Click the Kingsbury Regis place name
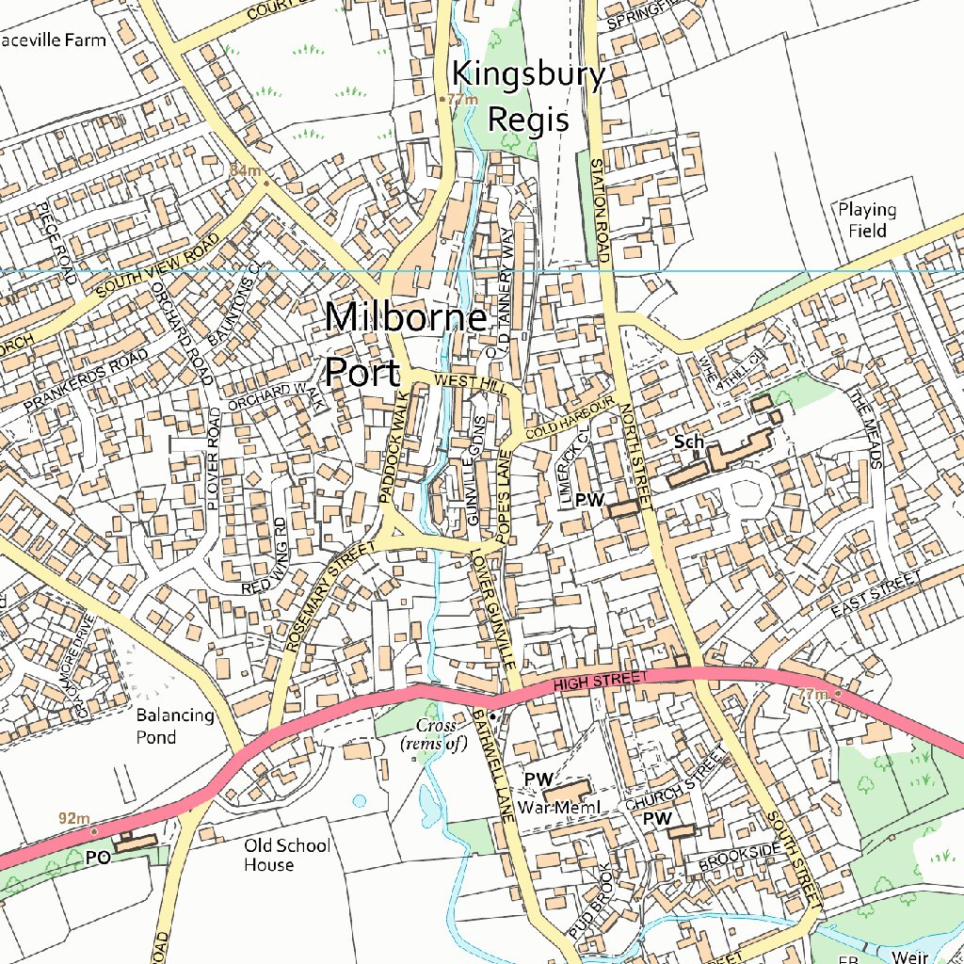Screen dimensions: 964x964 [527, 97]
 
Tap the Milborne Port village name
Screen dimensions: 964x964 [407, 345]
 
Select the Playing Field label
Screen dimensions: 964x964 [867, 219]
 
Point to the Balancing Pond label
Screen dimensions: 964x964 [175, 726]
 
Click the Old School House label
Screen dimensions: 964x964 [287, 855]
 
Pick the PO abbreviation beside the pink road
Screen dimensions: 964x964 [98, 858]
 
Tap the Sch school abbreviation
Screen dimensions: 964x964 [689, 441]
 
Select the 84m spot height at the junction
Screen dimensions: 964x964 [245, 169]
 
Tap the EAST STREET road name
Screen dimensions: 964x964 [876, 594]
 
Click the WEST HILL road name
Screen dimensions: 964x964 [469, 381]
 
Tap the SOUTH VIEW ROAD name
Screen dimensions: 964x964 [158, 267]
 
